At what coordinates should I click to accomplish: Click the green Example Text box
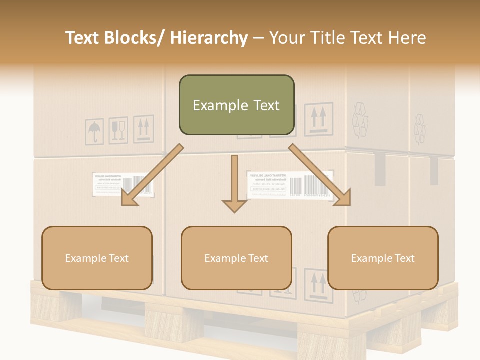point(236,105)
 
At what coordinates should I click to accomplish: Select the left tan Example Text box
point(97,258)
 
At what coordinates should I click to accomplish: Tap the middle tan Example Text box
point(236,258)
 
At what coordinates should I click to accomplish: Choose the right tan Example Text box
point(383,258)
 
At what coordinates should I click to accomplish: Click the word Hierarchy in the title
point(209,38)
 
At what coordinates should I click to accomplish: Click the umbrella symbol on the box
point(94,132)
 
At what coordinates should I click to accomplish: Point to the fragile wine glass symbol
point(118,130)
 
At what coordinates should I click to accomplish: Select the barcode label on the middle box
point(290,185)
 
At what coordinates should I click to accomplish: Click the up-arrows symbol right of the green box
point(318,118)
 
